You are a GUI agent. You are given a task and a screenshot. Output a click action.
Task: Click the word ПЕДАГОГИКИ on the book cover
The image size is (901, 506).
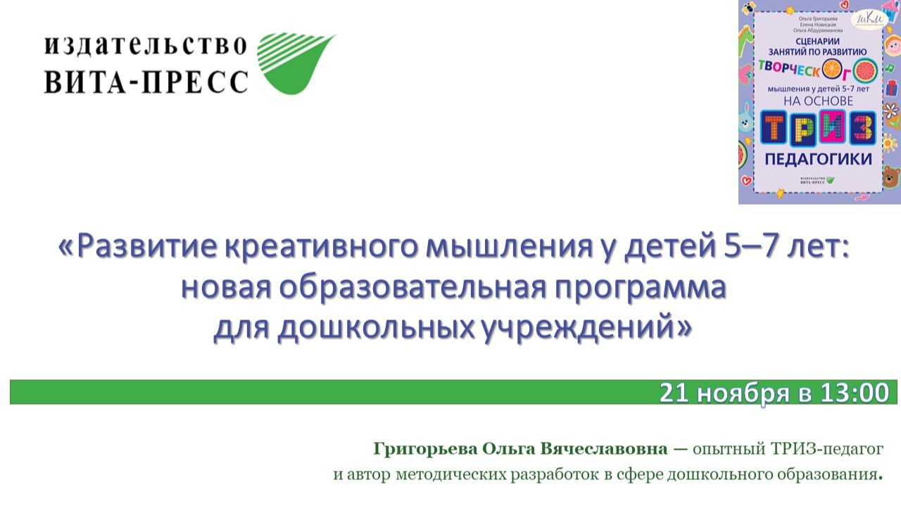(x=818, y=158)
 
